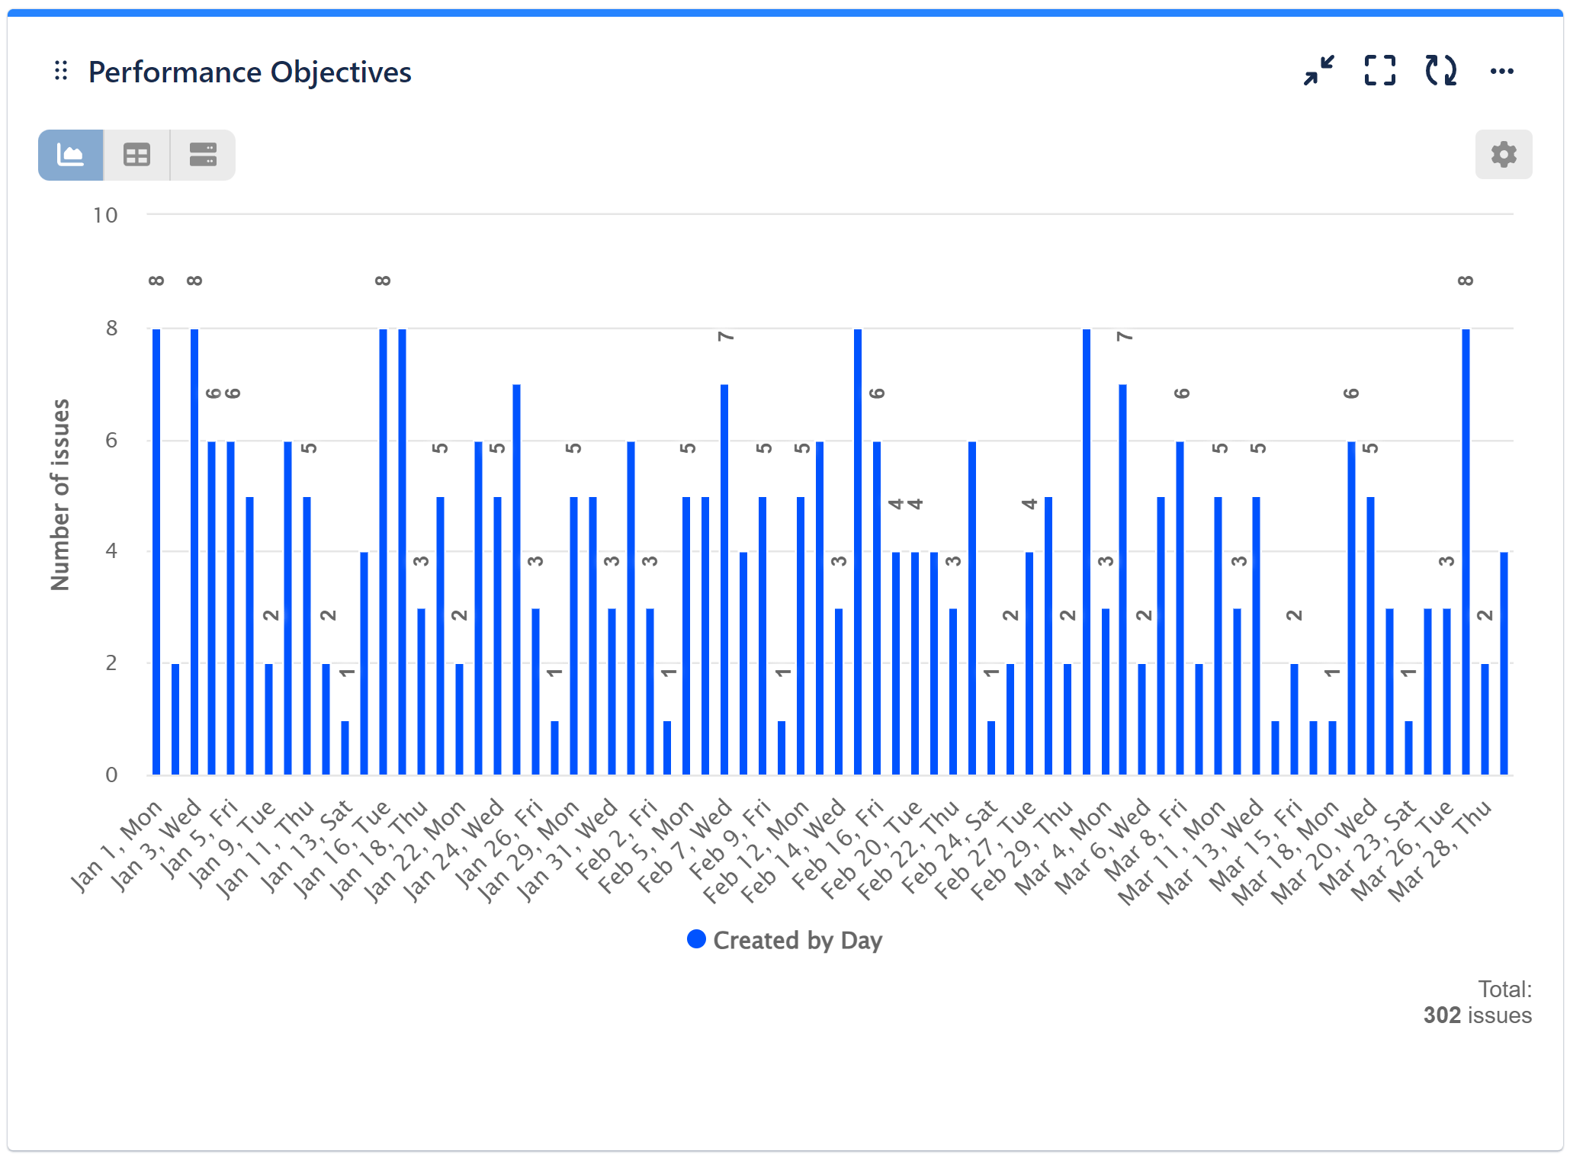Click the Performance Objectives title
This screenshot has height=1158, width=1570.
249,72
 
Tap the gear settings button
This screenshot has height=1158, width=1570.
1503,155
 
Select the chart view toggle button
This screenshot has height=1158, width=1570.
71,156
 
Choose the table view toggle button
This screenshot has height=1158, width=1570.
137,156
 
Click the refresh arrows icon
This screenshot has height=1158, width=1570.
1440,71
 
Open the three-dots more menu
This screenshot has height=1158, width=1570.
1501,72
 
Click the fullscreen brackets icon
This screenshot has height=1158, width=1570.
1379,71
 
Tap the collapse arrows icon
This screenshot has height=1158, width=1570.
1318,71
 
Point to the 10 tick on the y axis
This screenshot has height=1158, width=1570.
105,216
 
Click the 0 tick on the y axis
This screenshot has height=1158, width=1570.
111,775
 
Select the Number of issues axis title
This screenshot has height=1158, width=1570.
60,495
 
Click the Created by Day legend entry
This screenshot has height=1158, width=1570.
785,940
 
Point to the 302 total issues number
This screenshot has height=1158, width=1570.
1441,1015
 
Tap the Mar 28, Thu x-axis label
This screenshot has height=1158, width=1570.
1439,850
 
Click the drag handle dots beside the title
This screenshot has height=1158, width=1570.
61,72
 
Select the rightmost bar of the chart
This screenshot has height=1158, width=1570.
1504,663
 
